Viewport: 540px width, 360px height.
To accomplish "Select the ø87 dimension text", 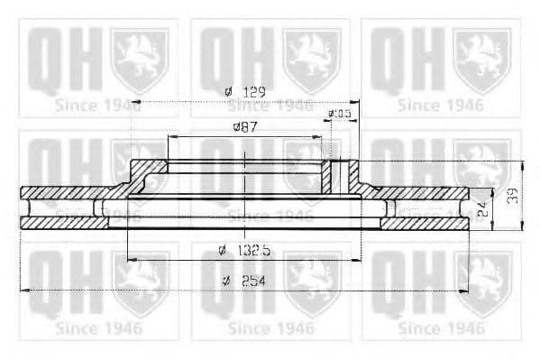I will [246, 127].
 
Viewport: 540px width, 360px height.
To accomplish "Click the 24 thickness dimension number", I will [482, 208].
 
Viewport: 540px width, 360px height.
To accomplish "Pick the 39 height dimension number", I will [512, 196].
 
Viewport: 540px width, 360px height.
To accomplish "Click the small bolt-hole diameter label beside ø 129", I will [339, 113].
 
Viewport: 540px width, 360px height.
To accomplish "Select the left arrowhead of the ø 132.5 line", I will [132, 259].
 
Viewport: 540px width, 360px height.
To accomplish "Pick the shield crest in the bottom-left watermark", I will [139, 282].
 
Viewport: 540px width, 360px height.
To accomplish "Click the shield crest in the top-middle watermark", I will [312, 59].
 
